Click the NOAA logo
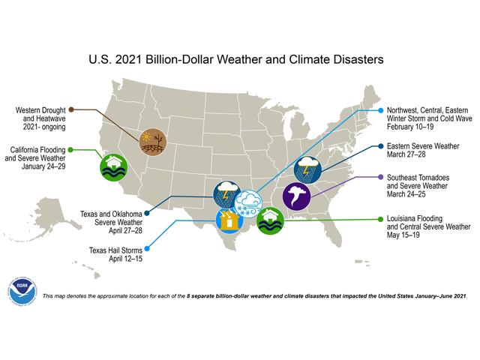[x=22, y=292]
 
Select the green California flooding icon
[x=114, y=166]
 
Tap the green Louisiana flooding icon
[x=269, y=220]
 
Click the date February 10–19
[x=415, y=127]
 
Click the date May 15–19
[x=406, y=236]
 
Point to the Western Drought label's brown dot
[x=71, y=109]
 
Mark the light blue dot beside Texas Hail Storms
[x=146, y=247]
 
